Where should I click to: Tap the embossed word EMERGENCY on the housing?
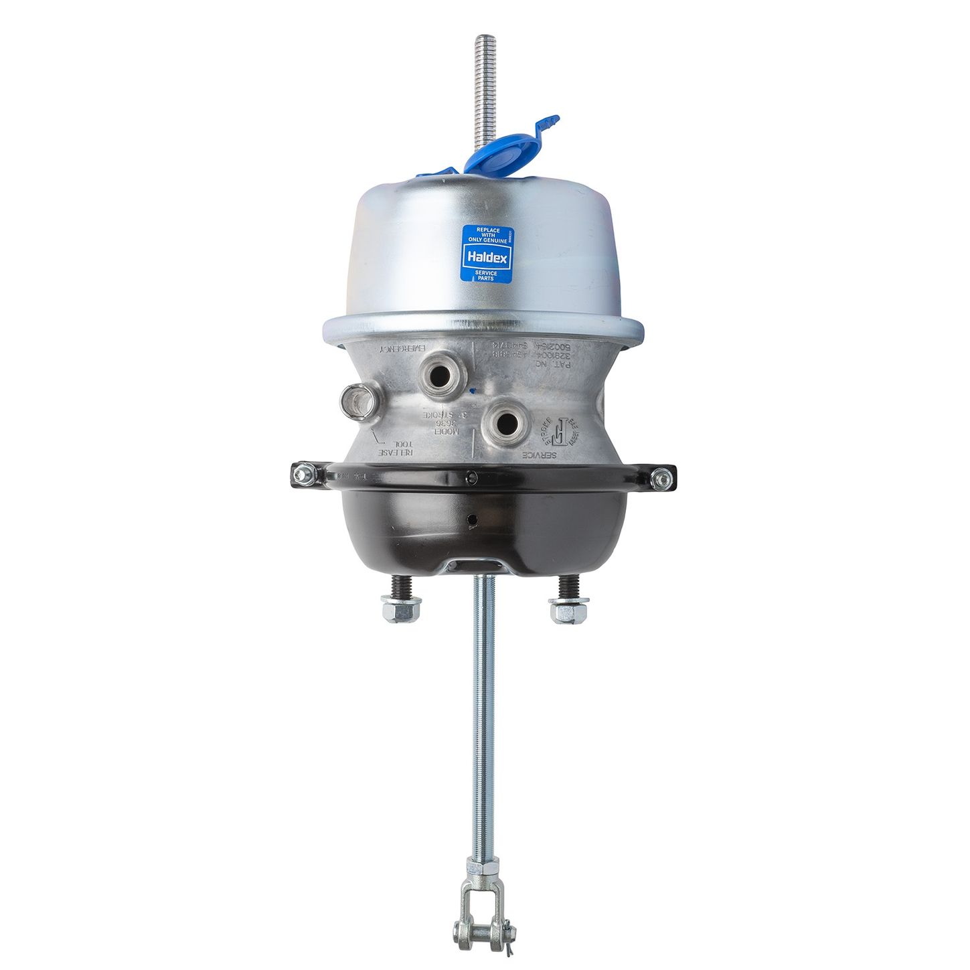tap(403, 349)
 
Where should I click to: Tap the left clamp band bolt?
tap(303, 473)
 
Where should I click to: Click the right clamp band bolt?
tap(661, 477)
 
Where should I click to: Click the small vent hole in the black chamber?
tap(473, 519)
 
